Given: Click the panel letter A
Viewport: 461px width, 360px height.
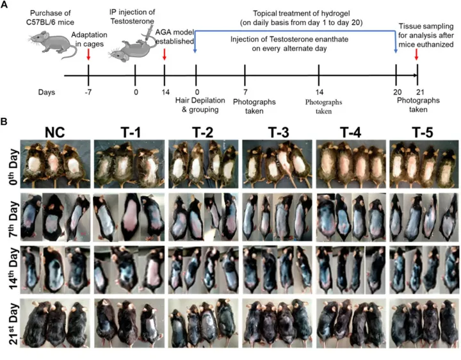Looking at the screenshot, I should (x=5, y=5).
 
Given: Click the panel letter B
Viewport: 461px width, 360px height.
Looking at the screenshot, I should (x=5, y=120).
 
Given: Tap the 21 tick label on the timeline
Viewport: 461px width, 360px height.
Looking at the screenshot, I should (x=417, y=91).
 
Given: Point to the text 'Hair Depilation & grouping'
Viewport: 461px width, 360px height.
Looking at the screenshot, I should (x=197, y=104).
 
